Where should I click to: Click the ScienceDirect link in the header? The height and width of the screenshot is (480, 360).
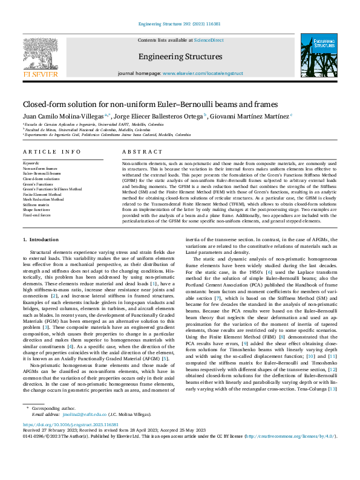click(x=208, y=40)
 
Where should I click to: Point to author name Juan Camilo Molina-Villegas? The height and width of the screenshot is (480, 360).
click(x=63, y=116)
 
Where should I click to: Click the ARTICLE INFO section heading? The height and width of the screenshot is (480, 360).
click(x=51, y=152)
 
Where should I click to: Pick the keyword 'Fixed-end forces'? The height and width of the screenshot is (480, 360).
click(x=37, y=215)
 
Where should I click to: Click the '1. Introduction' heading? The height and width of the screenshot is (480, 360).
click(x=41, y=240)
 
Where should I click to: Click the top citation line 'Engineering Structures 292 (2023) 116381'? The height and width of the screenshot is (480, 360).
click(x=180, y=24)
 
